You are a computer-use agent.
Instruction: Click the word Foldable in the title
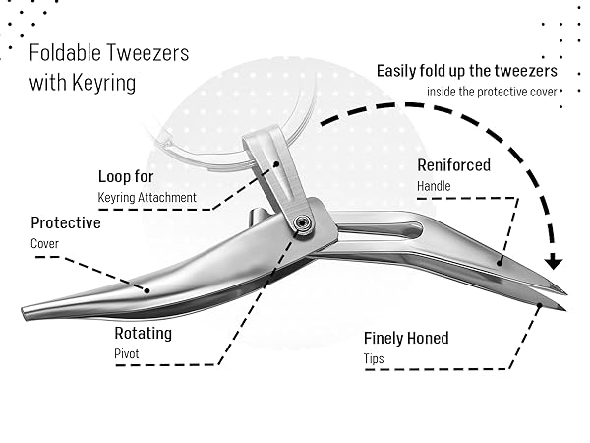point(65,53)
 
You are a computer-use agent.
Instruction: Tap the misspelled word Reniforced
point(453,165)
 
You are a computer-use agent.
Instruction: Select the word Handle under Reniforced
point(434,186)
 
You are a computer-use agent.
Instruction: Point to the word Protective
point(66,223)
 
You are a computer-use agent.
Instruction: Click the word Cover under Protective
point(45,244)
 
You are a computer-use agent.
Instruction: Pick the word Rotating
point(144,334)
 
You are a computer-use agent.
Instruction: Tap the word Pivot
point(127,354)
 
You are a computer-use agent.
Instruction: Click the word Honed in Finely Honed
point(428,338)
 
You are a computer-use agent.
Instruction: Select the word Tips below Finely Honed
point(374,359)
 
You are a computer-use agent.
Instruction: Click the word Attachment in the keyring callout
point(167,198)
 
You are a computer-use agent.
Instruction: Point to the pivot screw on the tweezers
point(302,223)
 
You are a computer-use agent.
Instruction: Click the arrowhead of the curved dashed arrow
point(554,262)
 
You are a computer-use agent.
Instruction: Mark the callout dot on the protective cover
point(147,290)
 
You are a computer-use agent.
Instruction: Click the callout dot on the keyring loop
point(276,164)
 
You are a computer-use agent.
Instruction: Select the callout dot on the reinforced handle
point(500,263)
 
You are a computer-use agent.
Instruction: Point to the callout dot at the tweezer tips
point(539,305)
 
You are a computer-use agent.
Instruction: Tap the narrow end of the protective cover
point(24,313)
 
